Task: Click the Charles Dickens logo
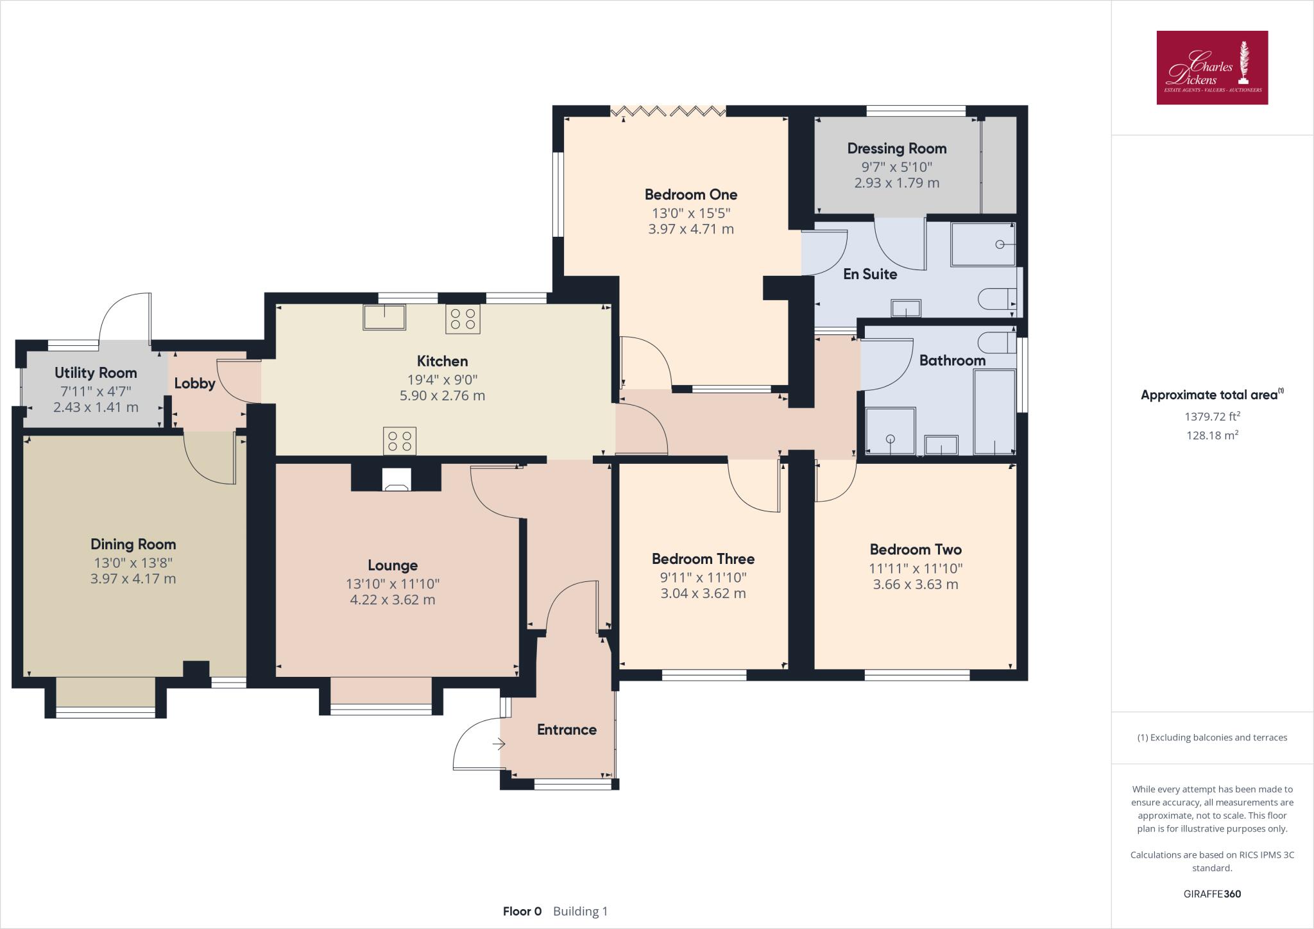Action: [1212, 67]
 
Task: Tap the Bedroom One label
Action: [690, 194]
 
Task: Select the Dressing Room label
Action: [896, 149]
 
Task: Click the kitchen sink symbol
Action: [384, 318]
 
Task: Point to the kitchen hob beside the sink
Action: [463, 319]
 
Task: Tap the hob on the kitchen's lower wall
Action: [400, 441]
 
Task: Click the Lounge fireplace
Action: [396, 479]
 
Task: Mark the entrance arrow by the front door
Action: [499, 744]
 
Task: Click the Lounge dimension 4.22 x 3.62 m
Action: [392, 601]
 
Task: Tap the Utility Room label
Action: [96, 373]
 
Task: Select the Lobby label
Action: [194, 384]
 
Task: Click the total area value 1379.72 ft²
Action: [1212, 416]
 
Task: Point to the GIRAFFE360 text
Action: [1212, 894]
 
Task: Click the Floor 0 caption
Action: [522, 911]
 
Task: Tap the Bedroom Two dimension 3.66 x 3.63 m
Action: [916, 584]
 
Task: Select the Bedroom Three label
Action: [703, 559]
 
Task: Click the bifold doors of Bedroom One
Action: [668, 112]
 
